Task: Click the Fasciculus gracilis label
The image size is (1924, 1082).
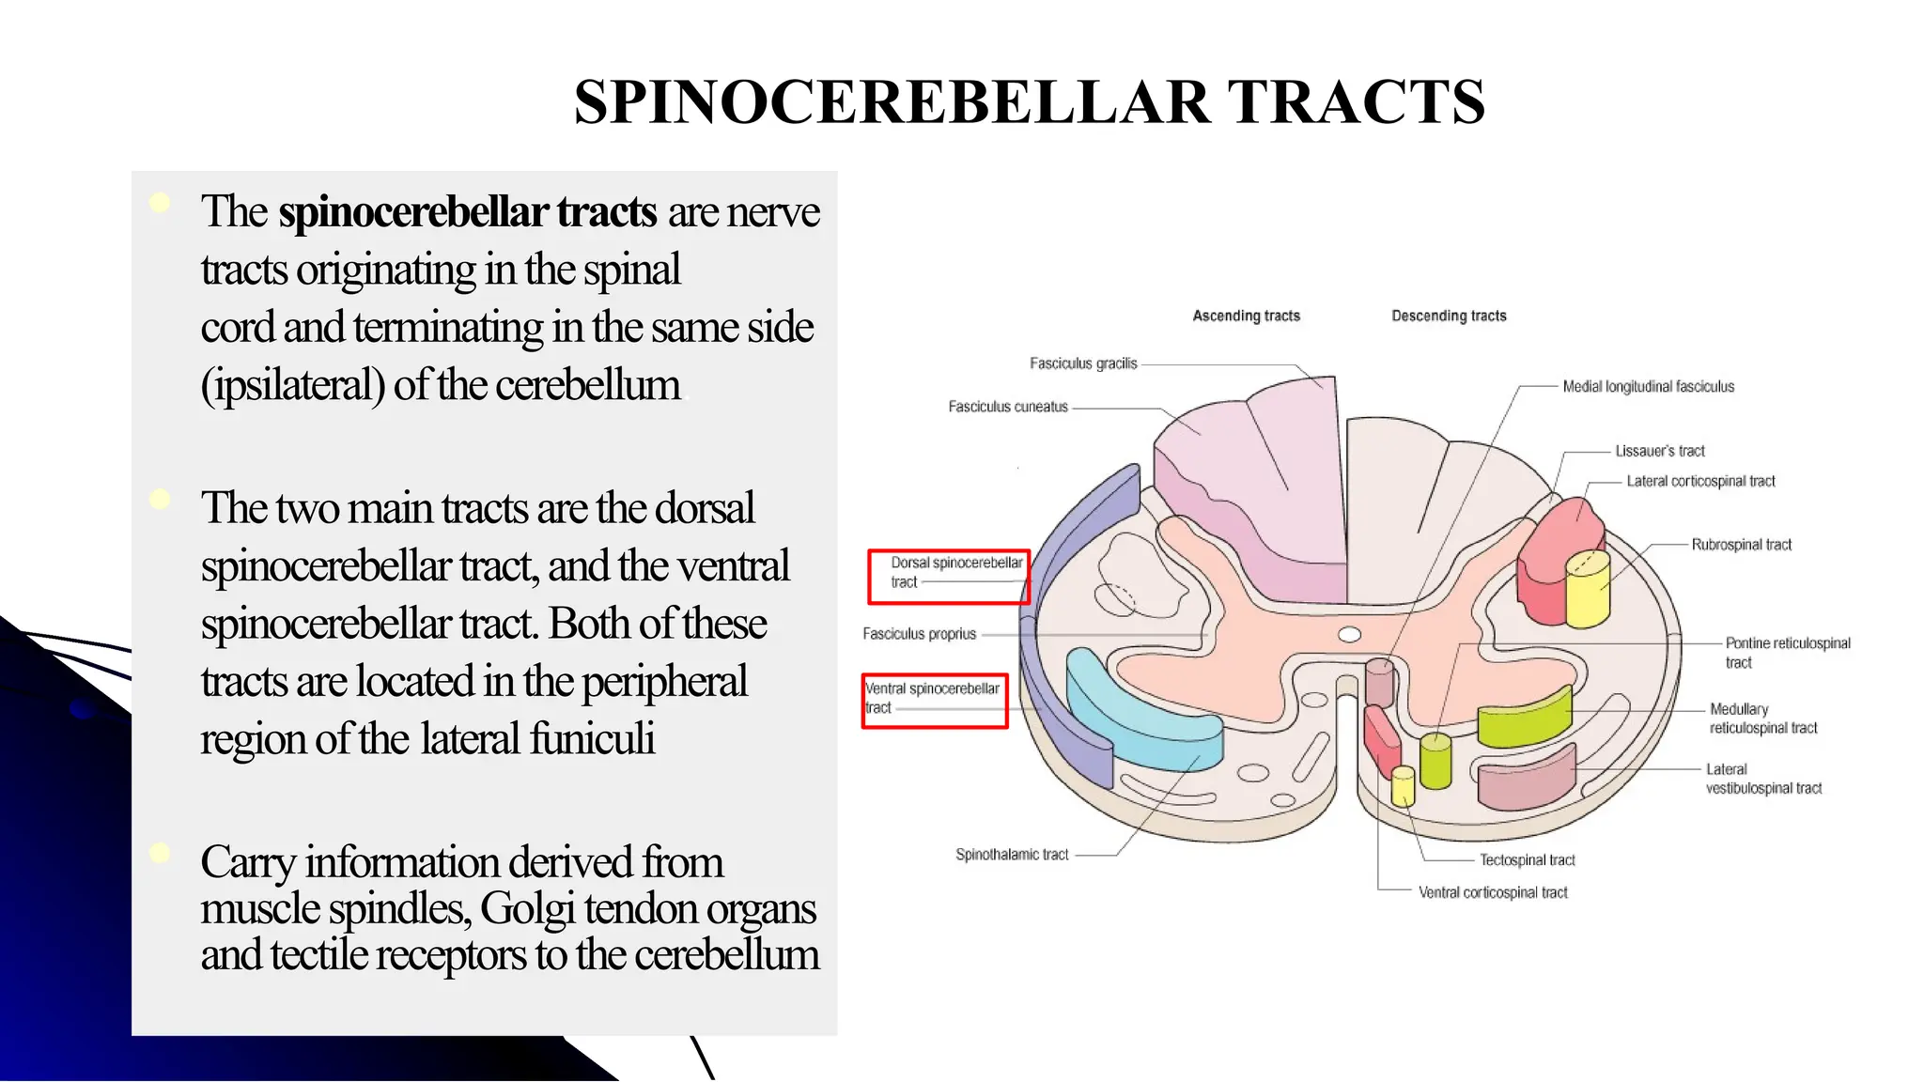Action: coord(1083,363)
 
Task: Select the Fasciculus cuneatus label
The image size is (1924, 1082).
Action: coord(1008,407)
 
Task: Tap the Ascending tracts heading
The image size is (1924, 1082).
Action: coord(1246,316)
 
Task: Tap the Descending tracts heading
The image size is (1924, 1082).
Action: coord(1449,316)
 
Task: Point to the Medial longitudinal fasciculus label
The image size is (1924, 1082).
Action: coord(1648,386)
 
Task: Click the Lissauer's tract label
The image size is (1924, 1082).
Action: coord(1659,451)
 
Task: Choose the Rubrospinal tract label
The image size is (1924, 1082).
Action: coord(1741,545)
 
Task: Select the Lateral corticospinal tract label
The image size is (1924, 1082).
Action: coord(1700,481)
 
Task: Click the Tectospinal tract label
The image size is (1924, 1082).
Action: coord(1527,860)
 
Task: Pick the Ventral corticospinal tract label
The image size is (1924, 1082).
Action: coord(1493,892)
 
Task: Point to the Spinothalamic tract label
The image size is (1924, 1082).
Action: coord(1012,855)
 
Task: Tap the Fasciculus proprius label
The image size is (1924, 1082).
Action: coord(920,634)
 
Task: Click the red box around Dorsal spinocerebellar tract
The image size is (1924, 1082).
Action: coord(949,576)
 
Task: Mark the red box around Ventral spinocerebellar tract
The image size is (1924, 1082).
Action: coord(935,701)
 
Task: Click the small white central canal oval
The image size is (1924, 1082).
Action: coord(1349,634)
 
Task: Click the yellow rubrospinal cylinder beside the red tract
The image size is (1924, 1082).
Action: coord(1588,589)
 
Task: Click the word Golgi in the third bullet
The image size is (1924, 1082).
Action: coord(526,908)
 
